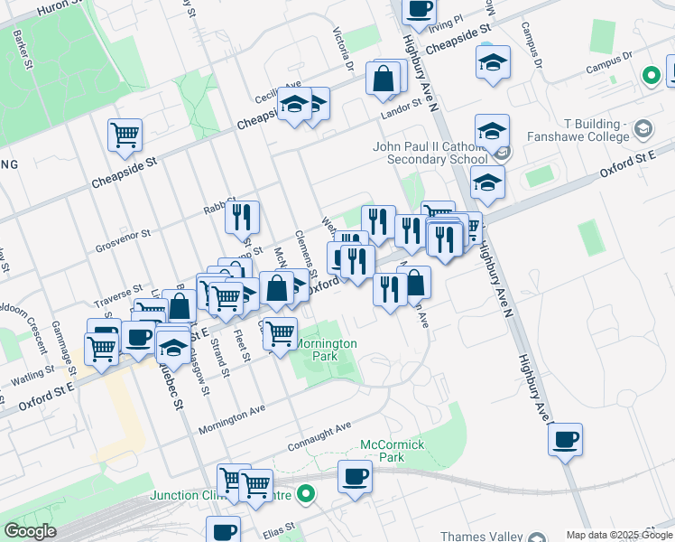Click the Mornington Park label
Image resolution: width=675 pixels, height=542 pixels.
click(327, 350)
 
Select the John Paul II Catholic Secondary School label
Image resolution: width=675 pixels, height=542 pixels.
click(430, 153)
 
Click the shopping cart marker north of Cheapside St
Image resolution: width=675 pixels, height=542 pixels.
click(125, 135)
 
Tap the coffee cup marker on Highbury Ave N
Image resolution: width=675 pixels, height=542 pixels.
click(565, 440)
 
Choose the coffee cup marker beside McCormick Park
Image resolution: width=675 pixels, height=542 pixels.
click(355, 475)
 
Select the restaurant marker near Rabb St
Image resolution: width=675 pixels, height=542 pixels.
click(241, 217)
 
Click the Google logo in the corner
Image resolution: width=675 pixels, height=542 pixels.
click(30, 531)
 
